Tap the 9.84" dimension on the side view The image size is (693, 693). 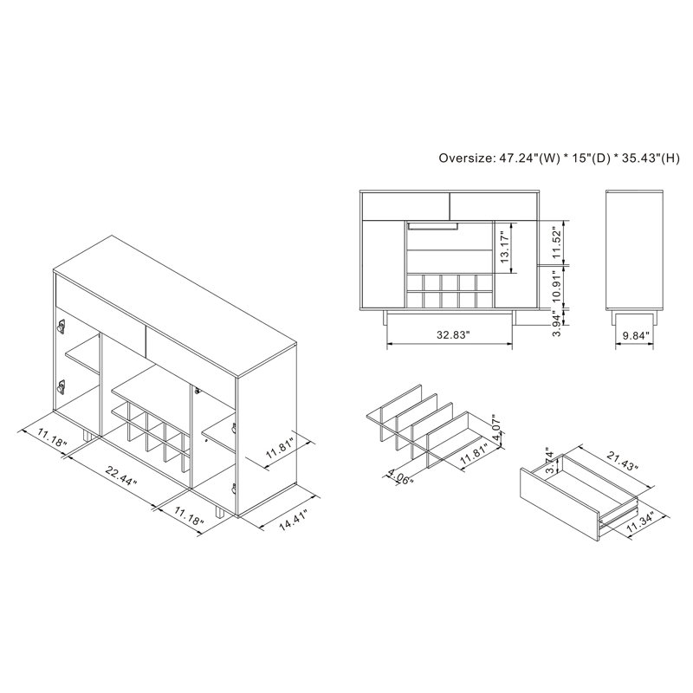tap(636, 335)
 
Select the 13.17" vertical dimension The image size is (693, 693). tap(505, 248)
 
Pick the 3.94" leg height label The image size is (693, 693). tap(557, 322)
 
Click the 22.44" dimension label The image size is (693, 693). tap(120, 476)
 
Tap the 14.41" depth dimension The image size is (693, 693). tap(294, 519)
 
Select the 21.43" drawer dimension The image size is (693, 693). tap(623, 462)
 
